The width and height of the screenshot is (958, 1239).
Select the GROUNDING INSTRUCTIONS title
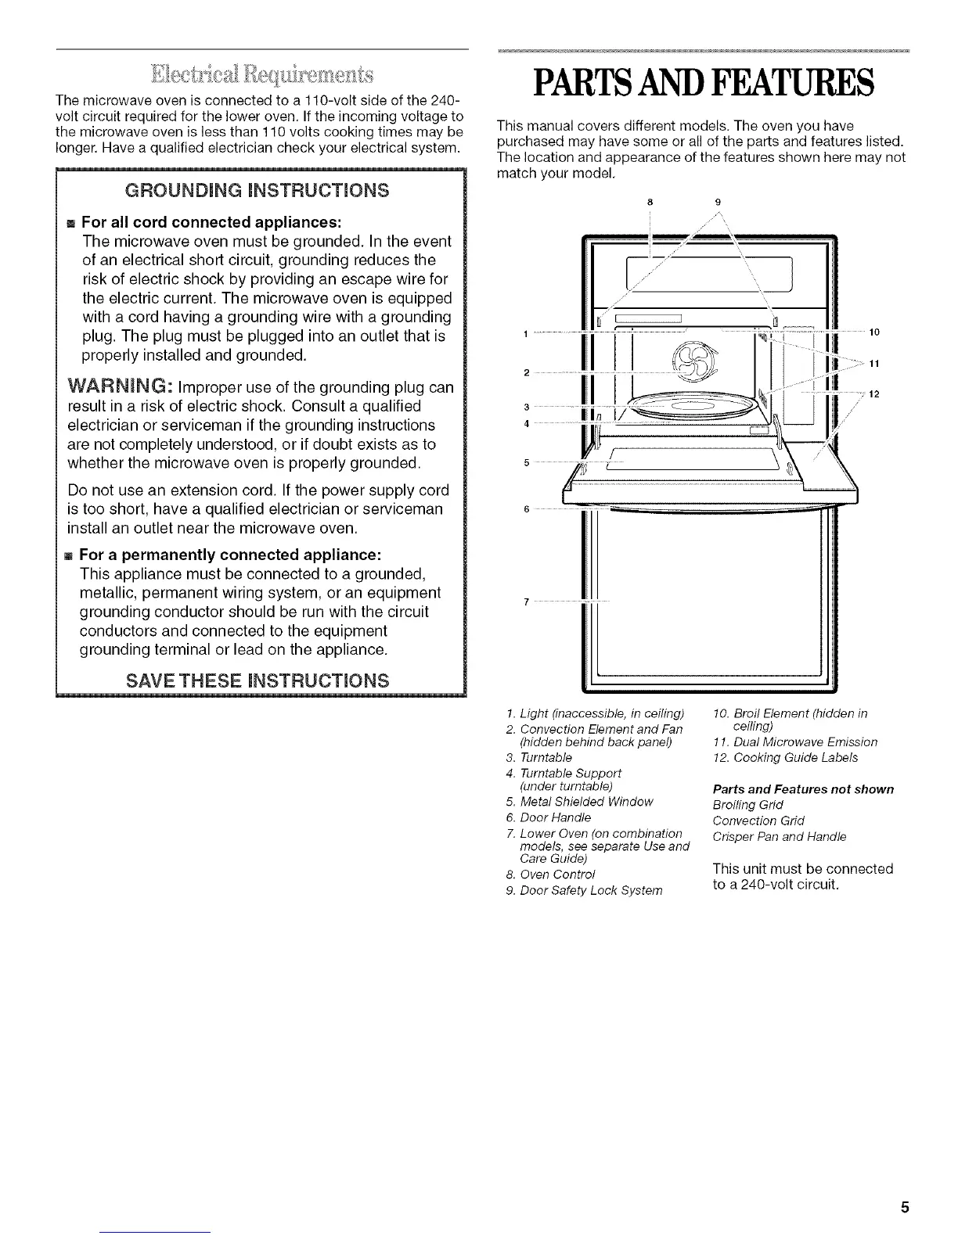pos(261,191)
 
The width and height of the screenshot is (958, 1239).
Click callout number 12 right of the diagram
pos(874,393)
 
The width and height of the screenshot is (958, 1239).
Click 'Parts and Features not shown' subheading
pos(803,789)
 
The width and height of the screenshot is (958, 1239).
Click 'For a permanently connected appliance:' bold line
pos(230,555)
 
